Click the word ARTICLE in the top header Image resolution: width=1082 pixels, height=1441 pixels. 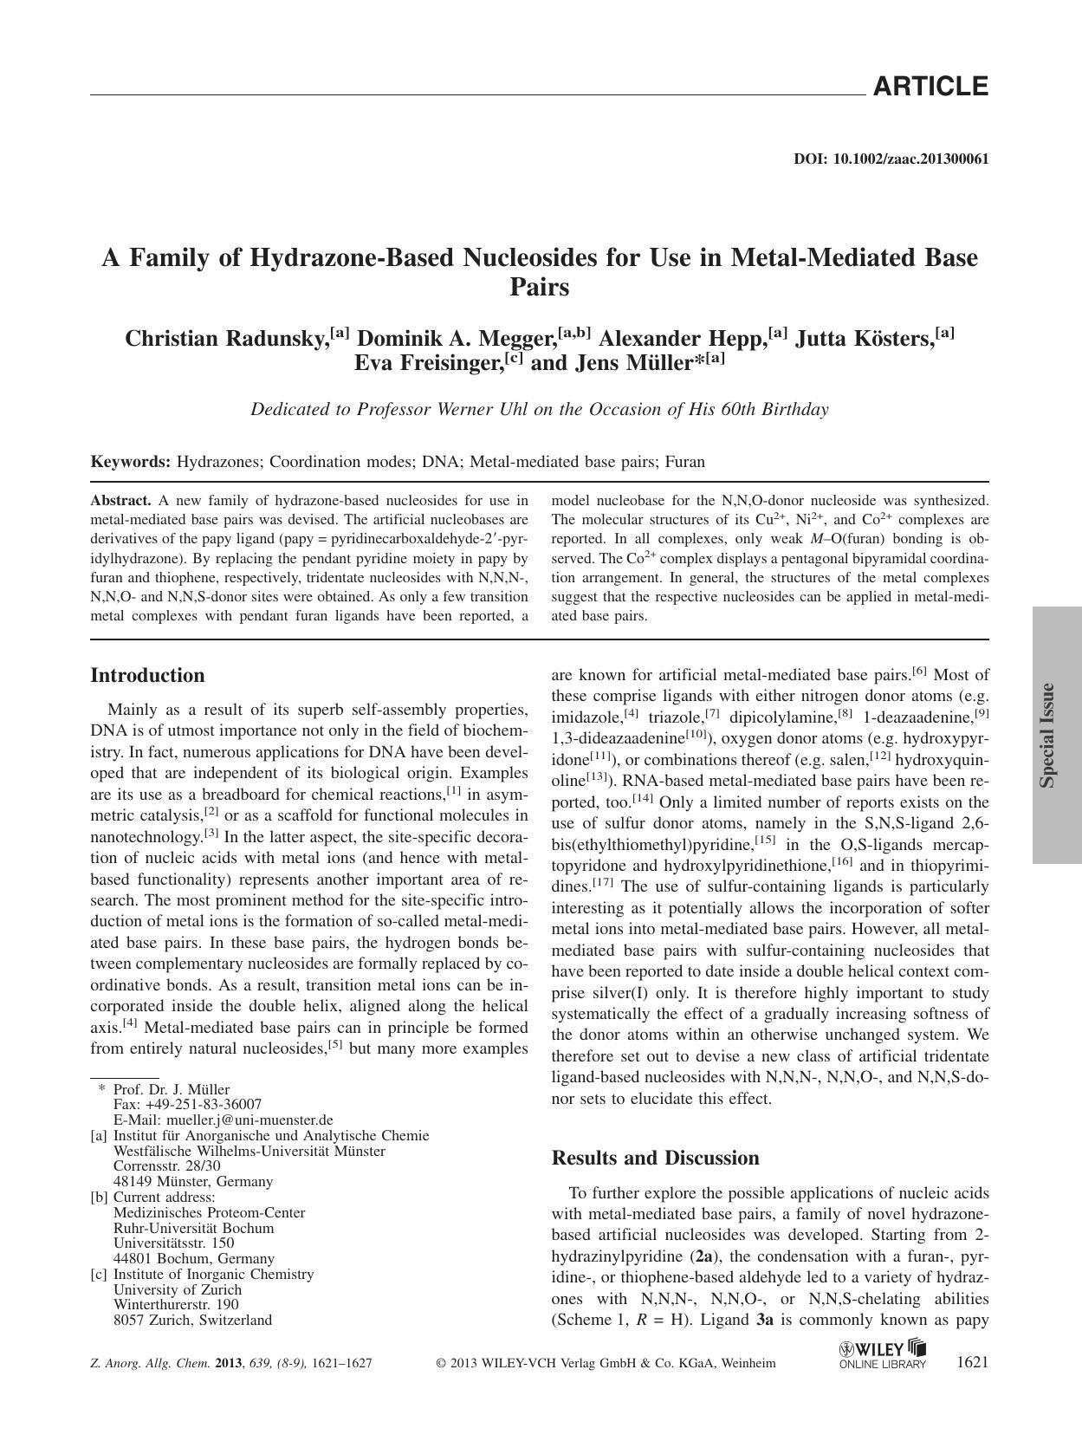[x=930, y=87]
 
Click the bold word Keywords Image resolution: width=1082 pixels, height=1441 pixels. [x=131, y=462]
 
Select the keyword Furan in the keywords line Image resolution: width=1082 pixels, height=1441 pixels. [x=685, y=462]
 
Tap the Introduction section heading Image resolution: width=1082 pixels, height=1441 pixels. [x=147, y=676]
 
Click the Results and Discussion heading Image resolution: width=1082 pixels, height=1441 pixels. [x=655, y=1159]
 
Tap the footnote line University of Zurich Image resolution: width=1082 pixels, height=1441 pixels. [x=178, y=1289]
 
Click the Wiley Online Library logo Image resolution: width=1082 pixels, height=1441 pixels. [x=883, y=1355]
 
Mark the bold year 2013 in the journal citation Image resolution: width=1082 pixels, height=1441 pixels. [x=229, y=1363]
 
